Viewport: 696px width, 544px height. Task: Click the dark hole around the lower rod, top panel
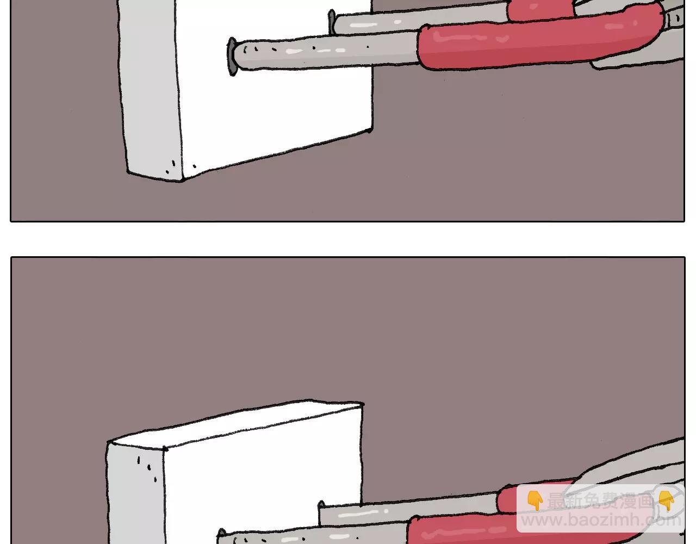coord(231,57)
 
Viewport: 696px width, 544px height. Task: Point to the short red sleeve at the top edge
coord(541,9)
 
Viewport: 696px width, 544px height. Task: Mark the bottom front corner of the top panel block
coord(182,180)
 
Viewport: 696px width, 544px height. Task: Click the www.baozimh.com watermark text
coord(601,520)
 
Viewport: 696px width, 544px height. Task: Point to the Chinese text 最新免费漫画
coord(600,500)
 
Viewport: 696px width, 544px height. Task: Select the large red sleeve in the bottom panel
coord(544,529)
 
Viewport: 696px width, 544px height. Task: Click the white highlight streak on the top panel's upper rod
coord(363,24)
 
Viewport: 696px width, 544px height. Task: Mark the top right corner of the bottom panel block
coord(363,404)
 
